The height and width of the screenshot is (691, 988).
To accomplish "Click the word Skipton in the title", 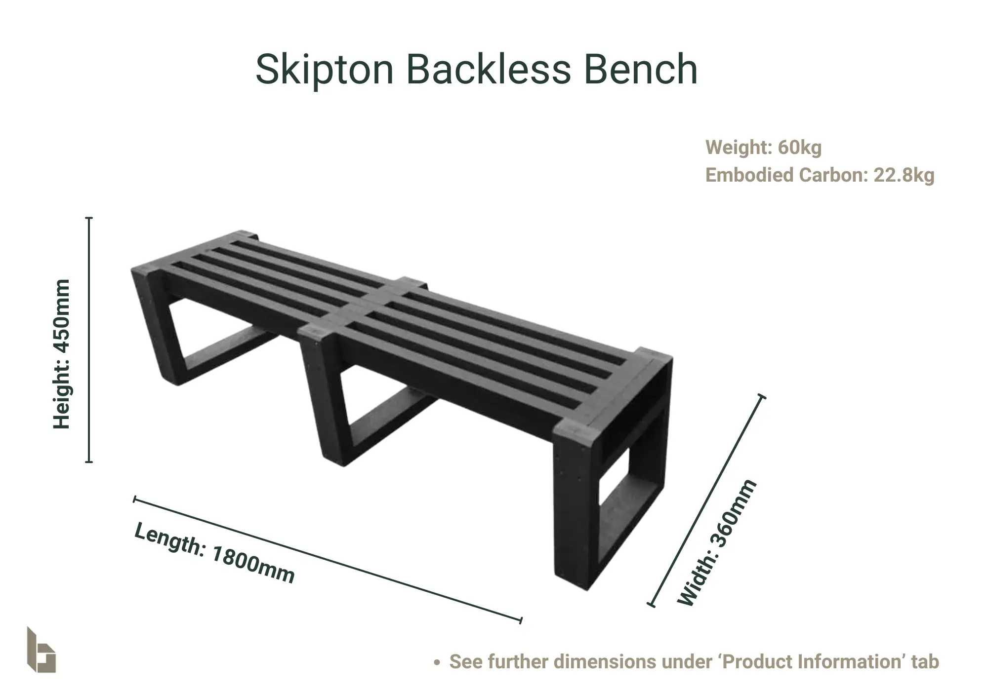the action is pyautogui.click(x=325, y=70).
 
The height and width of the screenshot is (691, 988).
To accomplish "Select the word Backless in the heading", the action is pyautogui.click(x=489, y=69).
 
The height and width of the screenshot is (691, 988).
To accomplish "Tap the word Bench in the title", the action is pyautogui.click(x=641, y=69).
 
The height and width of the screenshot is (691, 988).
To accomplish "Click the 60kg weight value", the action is pyautogui.click(x=800, y=148).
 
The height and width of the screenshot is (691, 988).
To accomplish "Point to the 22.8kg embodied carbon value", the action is pyautogui.click(x=904, y=175).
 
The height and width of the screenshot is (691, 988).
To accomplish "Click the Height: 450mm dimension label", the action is pyautogui.click(x=62, y=354).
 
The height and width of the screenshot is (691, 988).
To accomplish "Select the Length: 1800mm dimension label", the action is pyautogui.click(x=214, y=553).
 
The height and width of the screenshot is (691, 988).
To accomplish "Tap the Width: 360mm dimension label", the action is pyautogui.click(x=716, y=542).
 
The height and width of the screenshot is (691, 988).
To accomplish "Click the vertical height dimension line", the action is pyautogui.click(x=89, y=340).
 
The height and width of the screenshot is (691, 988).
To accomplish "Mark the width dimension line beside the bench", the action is pyautogui.click(x=707, y=500).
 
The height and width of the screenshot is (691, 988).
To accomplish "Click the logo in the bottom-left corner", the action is pyautogui.click(x=41, y=650).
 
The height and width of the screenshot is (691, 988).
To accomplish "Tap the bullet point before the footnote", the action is pyautogui.click(x=436, y=662).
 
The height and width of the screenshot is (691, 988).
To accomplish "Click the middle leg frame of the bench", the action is pyautogui.click(x=346, y=395).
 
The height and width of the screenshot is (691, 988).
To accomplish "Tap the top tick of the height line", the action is pyautogui.click(x=89, y=218).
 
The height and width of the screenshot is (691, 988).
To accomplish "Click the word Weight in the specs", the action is pyautogui.click(x=739, y=148).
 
